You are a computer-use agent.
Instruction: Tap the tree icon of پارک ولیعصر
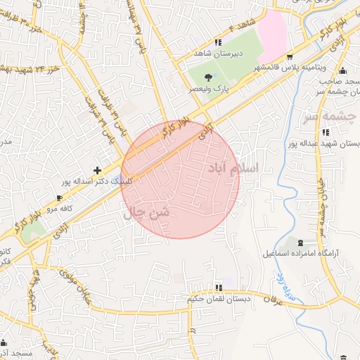[x=208, y=77]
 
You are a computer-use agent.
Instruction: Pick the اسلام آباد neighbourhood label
[x=232, y=169]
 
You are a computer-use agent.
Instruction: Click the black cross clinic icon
[x=97, y=170]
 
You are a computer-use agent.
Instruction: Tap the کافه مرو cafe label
[x=58, y=209]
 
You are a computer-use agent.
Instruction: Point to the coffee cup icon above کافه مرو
[x=59, y=198]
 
